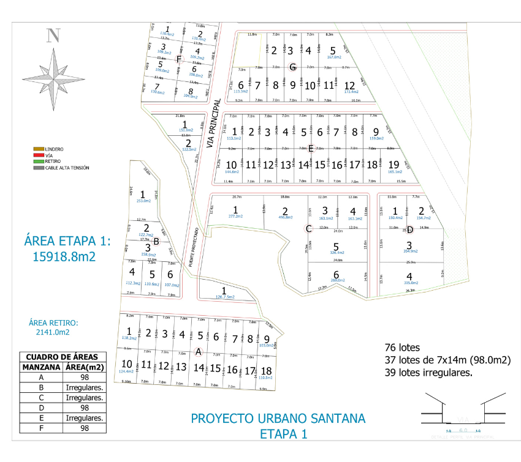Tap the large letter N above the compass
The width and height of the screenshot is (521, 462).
point(54,35)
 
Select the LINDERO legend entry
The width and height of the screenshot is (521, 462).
point(50,149)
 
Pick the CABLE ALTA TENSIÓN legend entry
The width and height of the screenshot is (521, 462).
point(62,167)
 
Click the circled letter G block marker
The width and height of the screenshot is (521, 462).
point(293,67)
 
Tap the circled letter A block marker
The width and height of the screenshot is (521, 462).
point(197,351)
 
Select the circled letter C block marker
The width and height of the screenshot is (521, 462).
point(309,229)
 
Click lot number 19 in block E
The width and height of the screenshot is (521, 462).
point(394,164)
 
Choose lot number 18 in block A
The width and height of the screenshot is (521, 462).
point(266,370)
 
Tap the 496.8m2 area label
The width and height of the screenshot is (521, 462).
point(285,217)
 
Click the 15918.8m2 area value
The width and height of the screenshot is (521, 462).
point(64,257)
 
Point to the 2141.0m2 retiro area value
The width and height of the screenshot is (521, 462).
point(48,332)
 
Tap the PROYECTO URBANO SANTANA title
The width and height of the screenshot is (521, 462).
point(278,419)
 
